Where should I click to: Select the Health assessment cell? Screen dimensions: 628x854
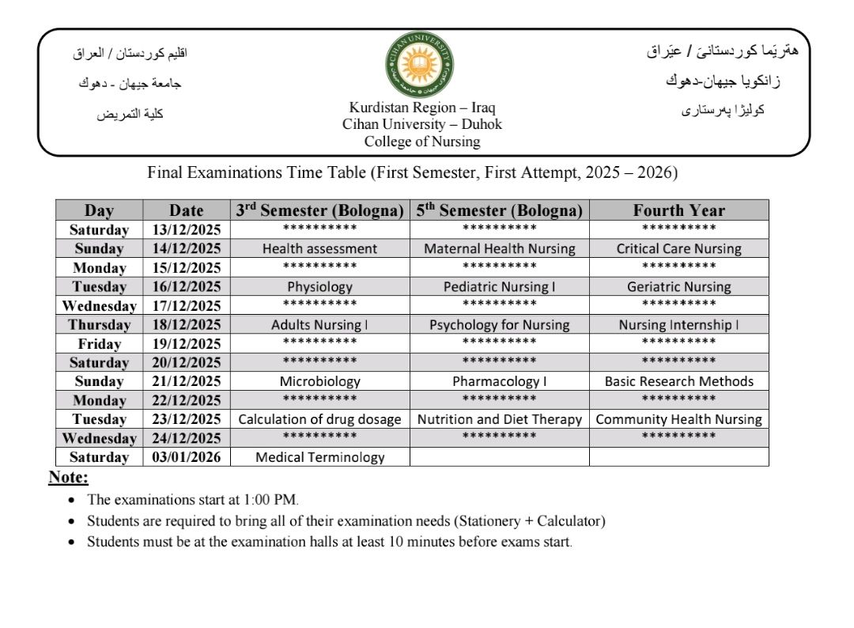click(319, 248)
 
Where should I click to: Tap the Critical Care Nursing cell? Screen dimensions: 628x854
click(678, 248)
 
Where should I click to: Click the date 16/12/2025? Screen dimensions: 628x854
click(186, 286)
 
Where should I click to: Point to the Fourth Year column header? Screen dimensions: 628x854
click(678, 210)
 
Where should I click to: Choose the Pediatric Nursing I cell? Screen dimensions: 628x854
click(499, 286)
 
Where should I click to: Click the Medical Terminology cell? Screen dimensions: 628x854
click(319, 456)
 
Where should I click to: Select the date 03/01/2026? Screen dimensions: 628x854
click(186, 456)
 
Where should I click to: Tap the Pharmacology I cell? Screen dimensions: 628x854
click(499, 381)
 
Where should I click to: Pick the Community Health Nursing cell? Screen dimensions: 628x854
click(678, 419)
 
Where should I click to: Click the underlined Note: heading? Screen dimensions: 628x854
click(69, 477)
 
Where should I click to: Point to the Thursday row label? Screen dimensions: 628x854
click(99, 324)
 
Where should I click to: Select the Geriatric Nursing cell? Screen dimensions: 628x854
click(678, 286)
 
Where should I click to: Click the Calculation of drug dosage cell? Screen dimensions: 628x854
click(319, 419)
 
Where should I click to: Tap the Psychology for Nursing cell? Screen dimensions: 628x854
click(499, 324)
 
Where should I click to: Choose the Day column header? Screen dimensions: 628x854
click(99, 210)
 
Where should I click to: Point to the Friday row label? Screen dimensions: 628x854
click(99, 343)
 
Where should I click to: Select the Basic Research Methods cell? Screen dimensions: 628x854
click(678, 381)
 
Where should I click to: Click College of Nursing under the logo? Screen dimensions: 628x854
click(421, 142)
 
